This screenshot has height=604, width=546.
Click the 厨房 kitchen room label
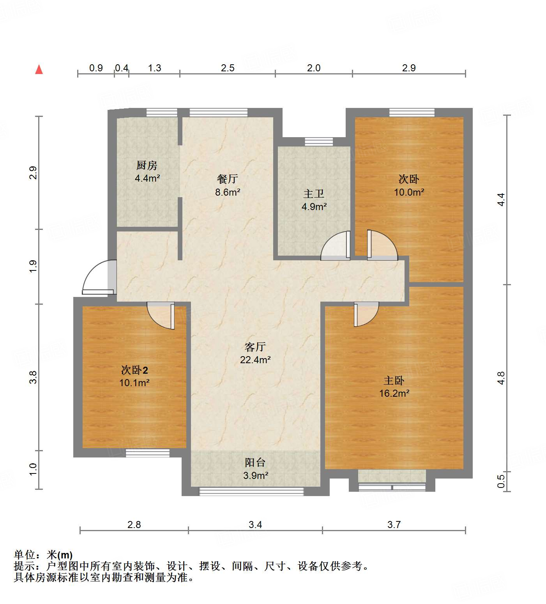[x=147, y=166]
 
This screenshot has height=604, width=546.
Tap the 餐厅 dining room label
[x=228, y=179]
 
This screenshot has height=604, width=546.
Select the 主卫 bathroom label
[x=314, y=194]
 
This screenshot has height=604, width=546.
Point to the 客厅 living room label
[x=255, y=347]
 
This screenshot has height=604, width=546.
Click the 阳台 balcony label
[x=255, y=463]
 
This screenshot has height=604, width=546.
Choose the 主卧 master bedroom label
[x=394, y=380]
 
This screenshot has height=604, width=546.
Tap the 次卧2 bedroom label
[x=134, y=370]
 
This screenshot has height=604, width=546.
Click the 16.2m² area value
[x=394, y=394]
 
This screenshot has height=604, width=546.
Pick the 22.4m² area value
[x=255, y=360]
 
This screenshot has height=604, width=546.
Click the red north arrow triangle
[x=39, y=70]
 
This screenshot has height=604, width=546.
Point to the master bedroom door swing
[x=366, y=313]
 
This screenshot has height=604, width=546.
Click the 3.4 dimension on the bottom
[x=255, y=525]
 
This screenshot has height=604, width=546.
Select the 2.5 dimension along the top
[x=228, y=68]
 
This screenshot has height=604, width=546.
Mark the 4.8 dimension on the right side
[x=501, y=378]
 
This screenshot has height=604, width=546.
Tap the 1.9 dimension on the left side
[x=33, y=266]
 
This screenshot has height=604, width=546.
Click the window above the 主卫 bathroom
[x=319, y=141]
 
